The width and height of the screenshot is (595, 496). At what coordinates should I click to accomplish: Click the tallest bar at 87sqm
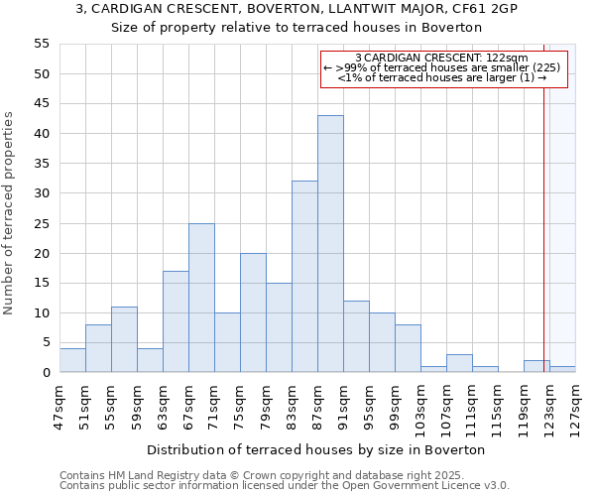click(x=330, y=244)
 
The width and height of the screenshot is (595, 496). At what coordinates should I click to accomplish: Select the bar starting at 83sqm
click(x=304, y=277)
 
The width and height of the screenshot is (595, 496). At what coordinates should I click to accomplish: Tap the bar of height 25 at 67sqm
click(x=201, y=298)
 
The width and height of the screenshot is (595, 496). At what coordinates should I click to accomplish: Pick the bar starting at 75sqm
click(x=253, y=312)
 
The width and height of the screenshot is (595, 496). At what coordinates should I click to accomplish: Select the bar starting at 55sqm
click(x=124, y=339)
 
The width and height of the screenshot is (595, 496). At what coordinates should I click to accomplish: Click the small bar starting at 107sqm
click(x=459, y=363)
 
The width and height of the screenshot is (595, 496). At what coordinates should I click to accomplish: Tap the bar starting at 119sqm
click(x=536, y=366)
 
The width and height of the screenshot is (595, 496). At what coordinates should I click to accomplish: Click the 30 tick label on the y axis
click(x=42, y=193)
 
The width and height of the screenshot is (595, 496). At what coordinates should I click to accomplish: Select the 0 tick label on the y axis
click(x=46, y=373)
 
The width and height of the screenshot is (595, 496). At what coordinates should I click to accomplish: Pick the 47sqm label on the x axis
click(x=60, y=405)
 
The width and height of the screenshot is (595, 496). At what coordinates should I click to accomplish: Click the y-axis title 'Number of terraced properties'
click(x=10, y=212)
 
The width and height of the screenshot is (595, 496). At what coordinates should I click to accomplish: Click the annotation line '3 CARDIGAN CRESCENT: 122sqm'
click(x=441, y=59)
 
